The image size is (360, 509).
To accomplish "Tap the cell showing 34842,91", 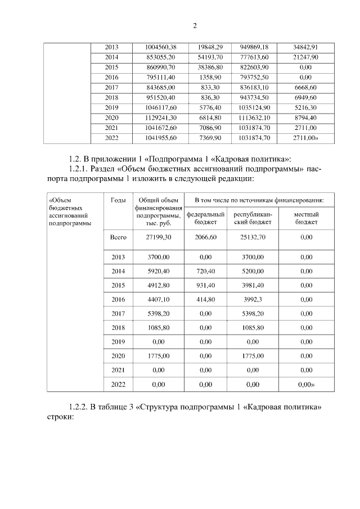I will (x=305, y=47).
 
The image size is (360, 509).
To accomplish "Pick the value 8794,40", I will (x=305, y=118).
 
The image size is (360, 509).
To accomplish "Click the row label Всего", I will (x=118, y=238).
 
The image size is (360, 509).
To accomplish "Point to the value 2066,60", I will (x=205, y=238).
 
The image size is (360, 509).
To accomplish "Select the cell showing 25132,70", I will (x=253, y=238).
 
